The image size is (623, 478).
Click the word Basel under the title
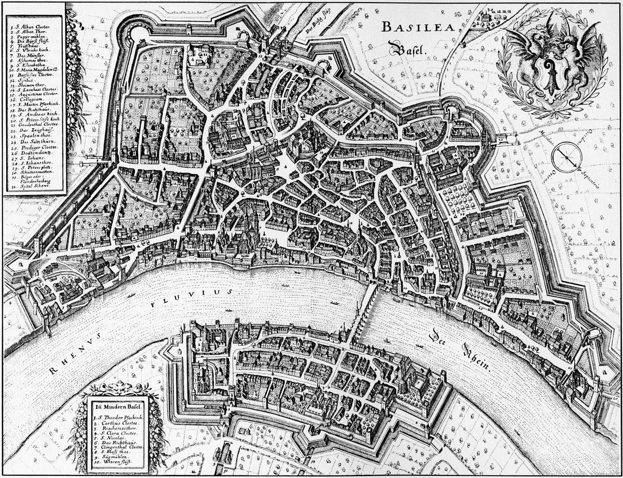(x=408, y=50)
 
